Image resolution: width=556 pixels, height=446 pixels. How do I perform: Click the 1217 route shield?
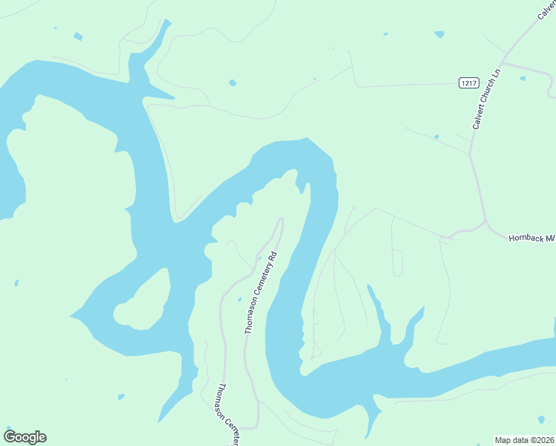[468, 83]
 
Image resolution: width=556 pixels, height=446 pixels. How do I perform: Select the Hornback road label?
[531, 239]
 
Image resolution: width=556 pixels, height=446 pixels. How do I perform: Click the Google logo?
[25, 437]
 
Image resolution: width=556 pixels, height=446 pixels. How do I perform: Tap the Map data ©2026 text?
[524, 439]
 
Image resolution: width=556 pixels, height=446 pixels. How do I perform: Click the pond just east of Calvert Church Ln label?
[523, 78]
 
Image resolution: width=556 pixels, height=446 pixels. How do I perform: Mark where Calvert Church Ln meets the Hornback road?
[485, 222]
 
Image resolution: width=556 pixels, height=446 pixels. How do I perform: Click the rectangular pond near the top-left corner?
[77, 36]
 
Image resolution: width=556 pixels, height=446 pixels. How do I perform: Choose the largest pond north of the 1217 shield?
[439, 34]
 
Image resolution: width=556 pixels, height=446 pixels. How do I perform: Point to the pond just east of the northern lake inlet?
[233, 83]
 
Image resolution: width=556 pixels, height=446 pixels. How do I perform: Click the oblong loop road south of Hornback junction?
[397, 262]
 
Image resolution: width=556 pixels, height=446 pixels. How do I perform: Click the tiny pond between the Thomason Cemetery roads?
[239, 300]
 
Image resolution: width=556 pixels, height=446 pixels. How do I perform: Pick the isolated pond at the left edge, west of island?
[16, 282]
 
